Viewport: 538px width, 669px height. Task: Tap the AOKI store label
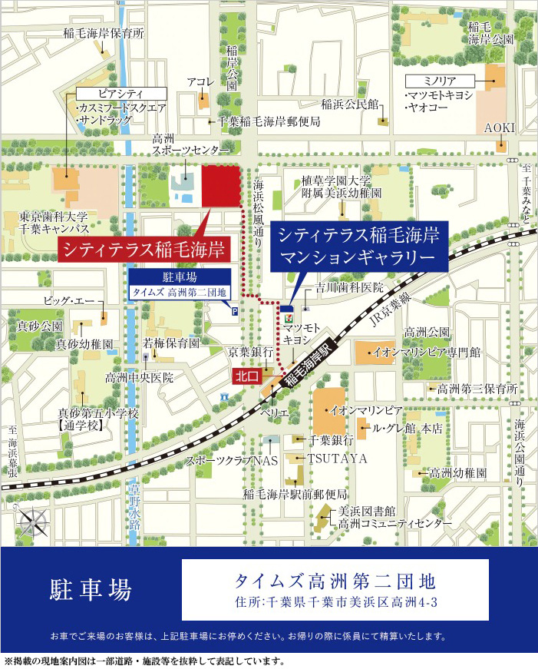[499, 128]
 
